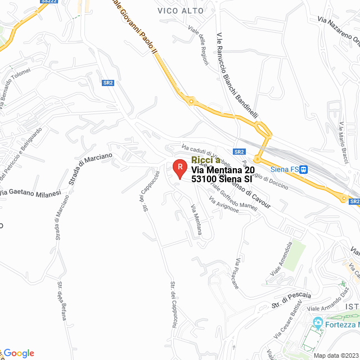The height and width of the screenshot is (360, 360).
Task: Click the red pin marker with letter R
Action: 179,168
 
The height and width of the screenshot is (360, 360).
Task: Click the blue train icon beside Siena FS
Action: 304,169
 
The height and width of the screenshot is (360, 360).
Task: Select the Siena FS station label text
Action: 284,169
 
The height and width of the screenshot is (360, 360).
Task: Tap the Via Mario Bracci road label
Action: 343,143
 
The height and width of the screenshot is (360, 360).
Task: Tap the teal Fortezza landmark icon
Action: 318,323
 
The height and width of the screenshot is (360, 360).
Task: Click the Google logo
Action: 19,353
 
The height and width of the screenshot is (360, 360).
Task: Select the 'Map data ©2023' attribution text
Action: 335,355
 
